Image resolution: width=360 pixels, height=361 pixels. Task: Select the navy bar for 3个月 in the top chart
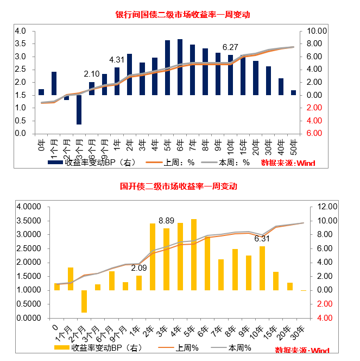[x=79, y=109]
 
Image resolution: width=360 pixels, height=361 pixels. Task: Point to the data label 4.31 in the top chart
[x=117, y=60]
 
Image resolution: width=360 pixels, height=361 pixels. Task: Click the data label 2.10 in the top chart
[x=92, y=74]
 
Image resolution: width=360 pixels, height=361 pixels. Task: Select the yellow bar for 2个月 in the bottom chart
[x=84, y=301]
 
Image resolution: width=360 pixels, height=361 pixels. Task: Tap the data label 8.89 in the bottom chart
[x=166, y=220]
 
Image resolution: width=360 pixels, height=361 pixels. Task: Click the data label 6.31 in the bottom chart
[x=262, y=238]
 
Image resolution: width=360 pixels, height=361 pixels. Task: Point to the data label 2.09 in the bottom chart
[x=139, y=267]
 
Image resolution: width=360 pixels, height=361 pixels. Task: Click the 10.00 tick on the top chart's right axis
[x=317, y=31]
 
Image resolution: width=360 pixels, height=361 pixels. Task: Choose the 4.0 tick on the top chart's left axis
[x=20, y=31]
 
